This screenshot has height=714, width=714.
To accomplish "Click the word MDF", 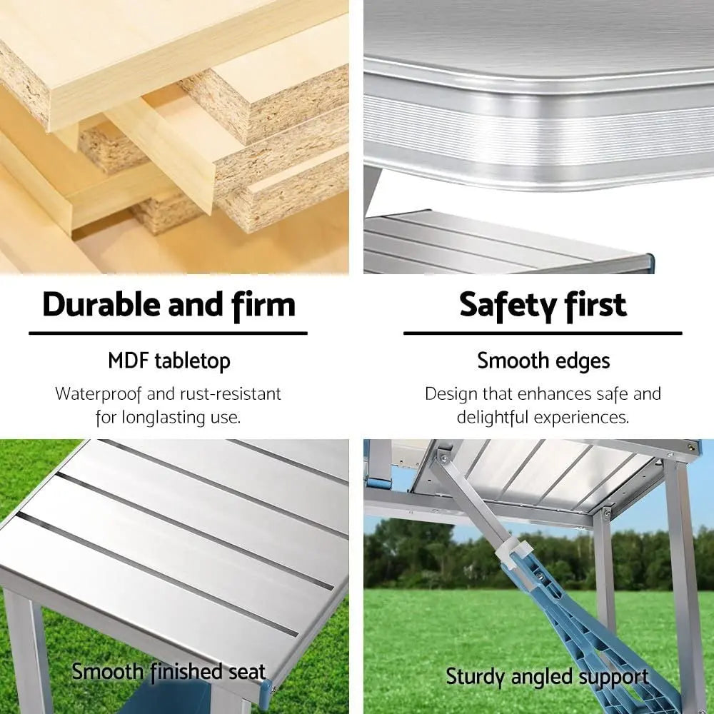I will pos(128,361).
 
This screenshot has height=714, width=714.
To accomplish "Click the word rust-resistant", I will pos(231,394).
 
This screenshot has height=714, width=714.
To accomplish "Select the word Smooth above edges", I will pos(513,361).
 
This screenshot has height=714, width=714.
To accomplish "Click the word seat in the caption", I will pos(246,672).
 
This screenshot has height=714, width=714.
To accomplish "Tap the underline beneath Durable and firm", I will pos(168,333).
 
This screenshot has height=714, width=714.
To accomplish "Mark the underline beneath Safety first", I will pos(543,333).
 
